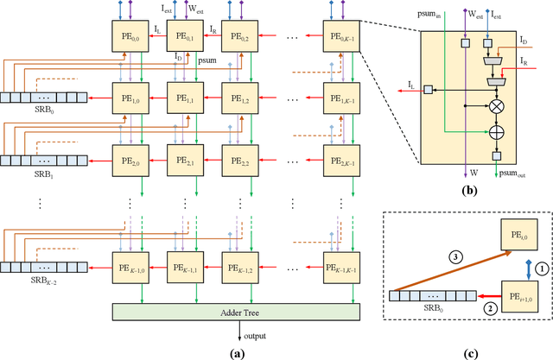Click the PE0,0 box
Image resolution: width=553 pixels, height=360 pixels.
coord(129,35)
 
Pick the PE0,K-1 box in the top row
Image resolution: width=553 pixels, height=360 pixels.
coord(343,35)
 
